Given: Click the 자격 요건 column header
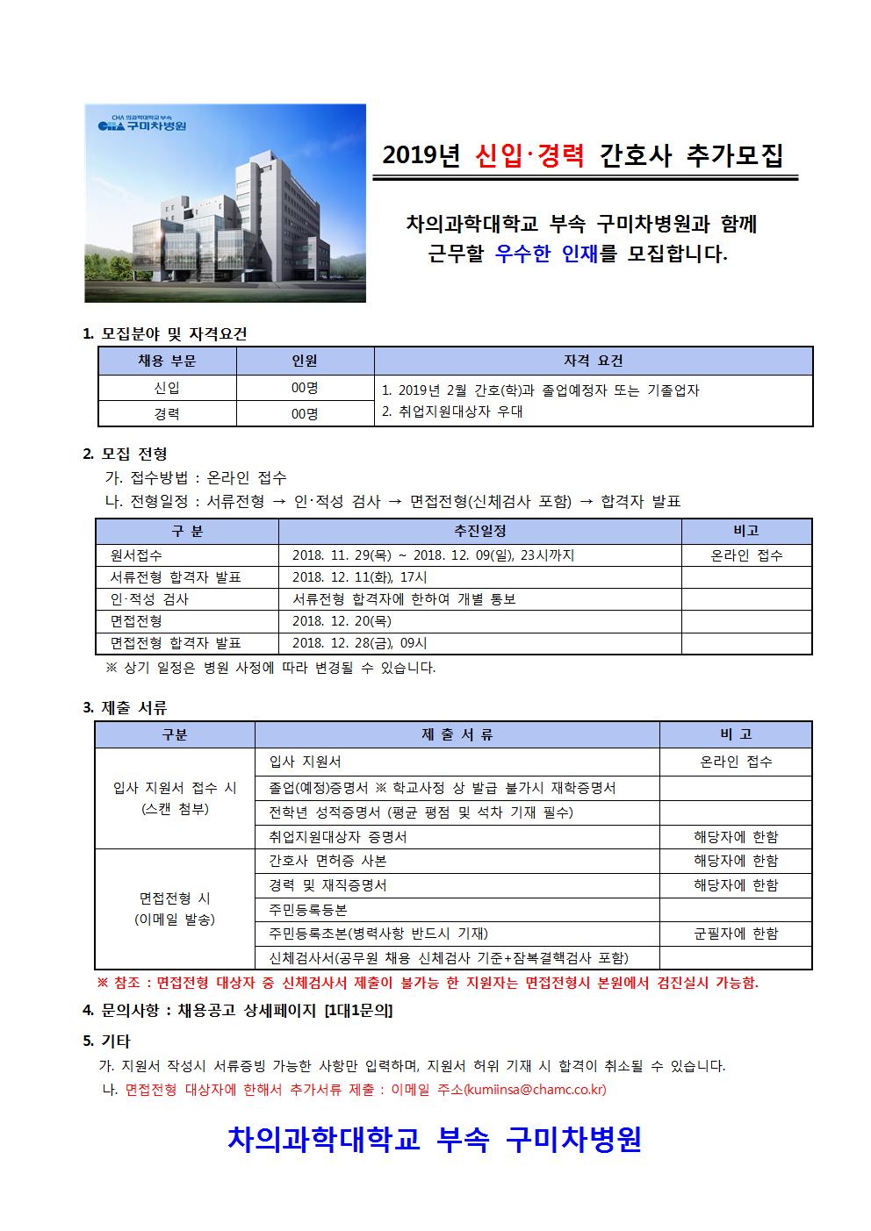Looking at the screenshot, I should (593, 361).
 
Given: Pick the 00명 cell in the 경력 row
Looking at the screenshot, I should (305, 413).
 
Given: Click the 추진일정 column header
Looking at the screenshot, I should (479, 531).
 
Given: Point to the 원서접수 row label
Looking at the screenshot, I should (137, 555).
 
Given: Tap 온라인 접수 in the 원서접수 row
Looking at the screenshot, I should (746, 555).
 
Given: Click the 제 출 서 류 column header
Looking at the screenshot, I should (457, 734).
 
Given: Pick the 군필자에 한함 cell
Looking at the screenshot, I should (736, 934).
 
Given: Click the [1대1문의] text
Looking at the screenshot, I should (358, 1011).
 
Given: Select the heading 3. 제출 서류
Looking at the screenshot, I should (125, 707).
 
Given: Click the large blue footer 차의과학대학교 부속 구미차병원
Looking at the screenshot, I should (435, 1139).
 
